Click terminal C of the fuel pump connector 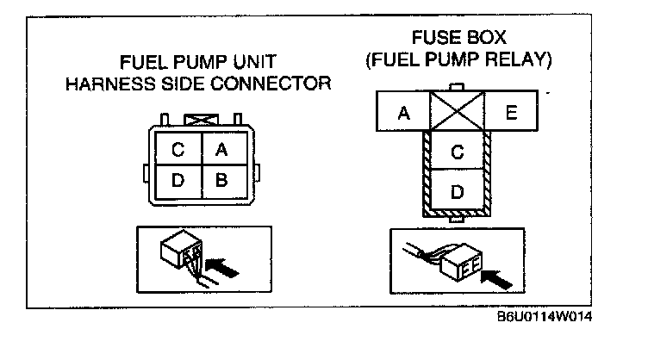click(x=178, y=149)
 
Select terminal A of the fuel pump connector click(x=222, y=149)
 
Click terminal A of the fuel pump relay click(x=402, y=111)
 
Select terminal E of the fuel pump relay click(x=511, y=111)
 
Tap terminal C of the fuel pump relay click(x=457, y=152)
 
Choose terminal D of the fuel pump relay click(x=457, y=190)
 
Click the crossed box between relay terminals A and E click(x=458, y=111)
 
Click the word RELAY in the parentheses click(x=517, y=60)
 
